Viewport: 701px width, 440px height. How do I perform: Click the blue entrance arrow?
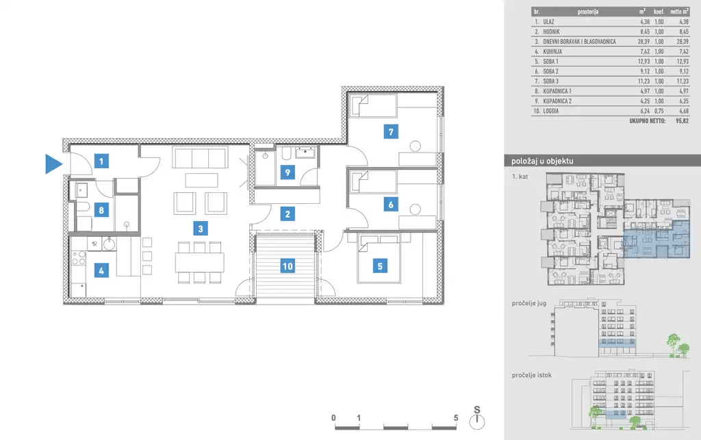[53, 164]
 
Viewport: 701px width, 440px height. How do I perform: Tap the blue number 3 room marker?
[201, 229]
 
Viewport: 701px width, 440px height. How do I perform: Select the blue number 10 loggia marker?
[288, 266]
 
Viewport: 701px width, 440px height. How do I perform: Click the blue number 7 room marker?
[391, 132]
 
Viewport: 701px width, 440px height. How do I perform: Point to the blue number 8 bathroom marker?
[101, 209]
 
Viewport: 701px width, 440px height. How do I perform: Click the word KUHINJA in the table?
[552, 51]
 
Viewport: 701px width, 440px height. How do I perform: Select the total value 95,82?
[683, 120]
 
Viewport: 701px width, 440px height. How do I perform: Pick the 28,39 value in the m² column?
[643, 42]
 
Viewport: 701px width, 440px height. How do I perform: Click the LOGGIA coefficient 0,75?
[659, 111]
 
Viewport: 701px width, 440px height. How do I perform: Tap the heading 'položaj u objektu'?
[542, 161]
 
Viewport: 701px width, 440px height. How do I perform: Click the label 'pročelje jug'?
[529, 303]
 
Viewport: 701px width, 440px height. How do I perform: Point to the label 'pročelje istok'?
[531, 375]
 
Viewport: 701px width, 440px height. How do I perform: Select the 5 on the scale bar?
[456, 418]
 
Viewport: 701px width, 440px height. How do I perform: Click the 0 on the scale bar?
[333, 418]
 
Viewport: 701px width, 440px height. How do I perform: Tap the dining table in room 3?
[199, 262]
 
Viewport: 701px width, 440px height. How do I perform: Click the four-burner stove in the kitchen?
[79, 258]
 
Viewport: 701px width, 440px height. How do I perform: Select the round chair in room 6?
[416, 209]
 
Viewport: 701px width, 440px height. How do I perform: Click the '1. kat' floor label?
[520, 177]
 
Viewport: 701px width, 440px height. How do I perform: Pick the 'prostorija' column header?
[588, 12]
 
